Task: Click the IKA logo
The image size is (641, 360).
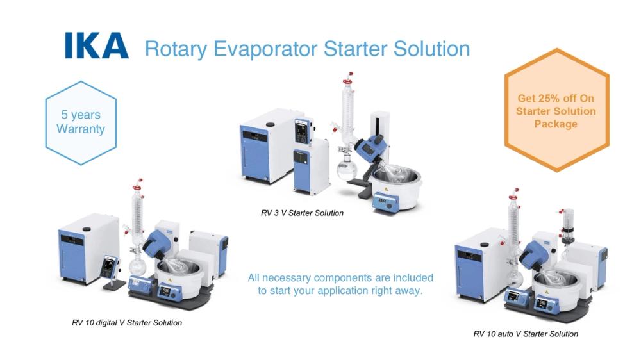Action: click(96, 47)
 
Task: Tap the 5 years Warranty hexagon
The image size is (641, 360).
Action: click(80, 122)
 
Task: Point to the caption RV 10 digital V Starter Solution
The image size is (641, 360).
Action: click(126, 322)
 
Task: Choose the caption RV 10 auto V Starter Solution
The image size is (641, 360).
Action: click(526, 334)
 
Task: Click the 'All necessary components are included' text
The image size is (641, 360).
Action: click(340, 278)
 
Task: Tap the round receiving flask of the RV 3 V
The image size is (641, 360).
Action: click(347, 170)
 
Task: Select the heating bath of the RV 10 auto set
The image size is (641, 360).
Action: click(554, 282)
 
